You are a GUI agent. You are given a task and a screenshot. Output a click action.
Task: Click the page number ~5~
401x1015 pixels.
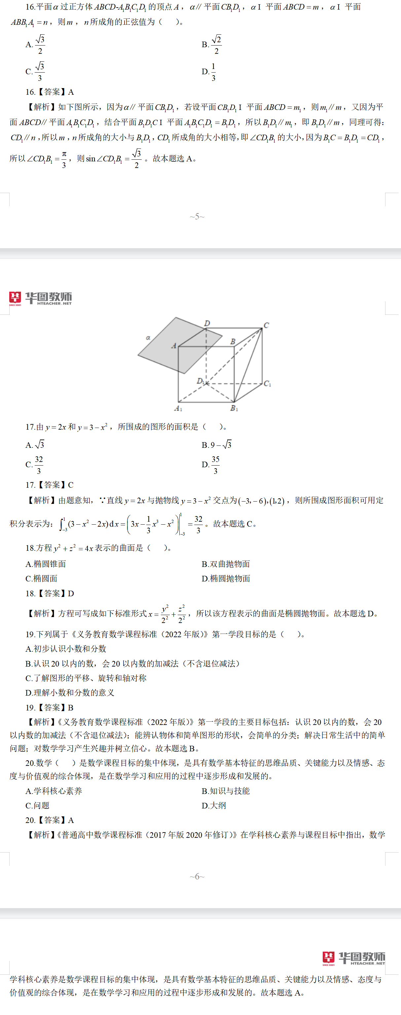point(197,216)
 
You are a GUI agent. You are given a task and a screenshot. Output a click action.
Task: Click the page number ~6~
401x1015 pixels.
point(197,876)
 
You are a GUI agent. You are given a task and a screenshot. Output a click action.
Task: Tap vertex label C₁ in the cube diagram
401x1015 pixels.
point(267,383)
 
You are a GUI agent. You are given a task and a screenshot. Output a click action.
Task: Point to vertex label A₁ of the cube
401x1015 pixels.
point(178,409)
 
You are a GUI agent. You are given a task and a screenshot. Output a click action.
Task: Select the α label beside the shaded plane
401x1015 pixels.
point(148,338)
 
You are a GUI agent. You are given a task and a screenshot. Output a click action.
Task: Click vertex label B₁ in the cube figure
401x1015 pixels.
point(234,408)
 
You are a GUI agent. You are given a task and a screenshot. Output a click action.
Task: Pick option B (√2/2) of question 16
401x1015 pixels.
point(212,45)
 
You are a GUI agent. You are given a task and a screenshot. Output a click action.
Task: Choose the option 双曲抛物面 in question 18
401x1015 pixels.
point(226,564)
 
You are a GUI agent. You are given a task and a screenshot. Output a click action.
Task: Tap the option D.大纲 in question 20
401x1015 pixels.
point(214,805)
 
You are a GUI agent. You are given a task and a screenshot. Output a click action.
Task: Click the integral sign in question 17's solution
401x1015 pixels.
point(62,524)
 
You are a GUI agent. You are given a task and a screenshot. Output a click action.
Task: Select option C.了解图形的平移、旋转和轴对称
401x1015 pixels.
point(86,678)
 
